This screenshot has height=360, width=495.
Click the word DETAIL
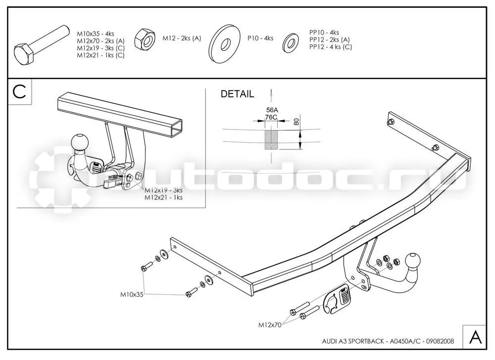tap(237, 94)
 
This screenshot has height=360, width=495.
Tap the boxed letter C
tap(19, 92)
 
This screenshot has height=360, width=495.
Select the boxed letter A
tap(475, 337)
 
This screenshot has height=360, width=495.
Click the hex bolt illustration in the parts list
tap(42, 45)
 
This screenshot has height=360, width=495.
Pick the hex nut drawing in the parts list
tap(144, 39)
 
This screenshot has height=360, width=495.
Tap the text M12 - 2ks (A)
tap(182, 39)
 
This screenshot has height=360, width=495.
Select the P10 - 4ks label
tap(260, 39)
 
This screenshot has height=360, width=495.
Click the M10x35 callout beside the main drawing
tap(132, 294)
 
